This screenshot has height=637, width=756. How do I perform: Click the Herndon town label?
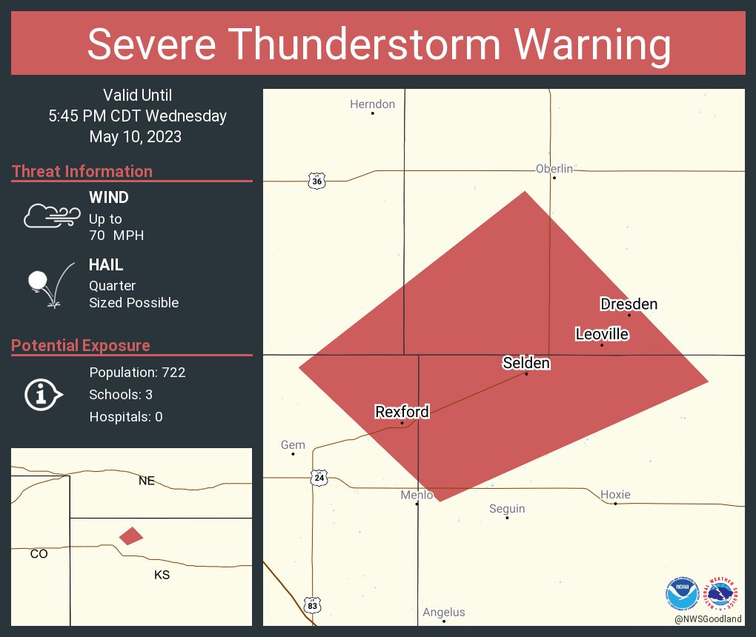pyautogui.click(x=372, y=104)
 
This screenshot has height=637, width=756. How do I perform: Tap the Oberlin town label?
pyautogui.click(x=554, y=169)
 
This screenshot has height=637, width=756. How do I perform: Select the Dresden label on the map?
pyautogui.click(x=629, y=304)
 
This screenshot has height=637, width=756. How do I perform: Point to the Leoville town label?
pyautogui.click(x=602, y=334)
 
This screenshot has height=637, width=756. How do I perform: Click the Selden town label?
pyautogui.click(x=526, y=363)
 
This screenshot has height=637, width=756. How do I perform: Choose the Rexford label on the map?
pyautogui.click(x=402, y=412)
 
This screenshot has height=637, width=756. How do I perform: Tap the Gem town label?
pyautogui.click(x=293, y=445)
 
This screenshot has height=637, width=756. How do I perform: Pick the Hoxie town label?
pyautogui.click(x=615, y=495)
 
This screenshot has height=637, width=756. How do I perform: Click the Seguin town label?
pyautogui.click(x=507, y=509)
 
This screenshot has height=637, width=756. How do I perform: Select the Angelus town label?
pyautogui.click(x=444, y=612)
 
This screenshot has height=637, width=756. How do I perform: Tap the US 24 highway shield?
pyautogui.click(x=319, y=478)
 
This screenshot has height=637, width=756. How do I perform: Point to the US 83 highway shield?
pyautogui.click(x=314, y=604)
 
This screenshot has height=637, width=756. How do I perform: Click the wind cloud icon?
pyautogui.click(x=51, y=216)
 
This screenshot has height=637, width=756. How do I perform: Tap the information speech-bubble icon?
pyautogui.click(x=42, y=394)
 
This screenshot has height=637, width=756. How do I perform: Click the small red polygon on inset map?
pyautogui.click(x=131, y=536)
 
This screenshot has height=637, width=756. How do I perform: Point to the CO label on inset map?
pyautogui.click(x=39, y=553)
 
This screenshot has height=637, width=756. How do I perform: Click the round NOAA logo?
pyautogui.click(x=682, y=594)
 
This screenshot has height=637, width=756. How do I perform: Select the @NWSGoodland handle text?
pyautogui.click(x=708, y=618)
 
